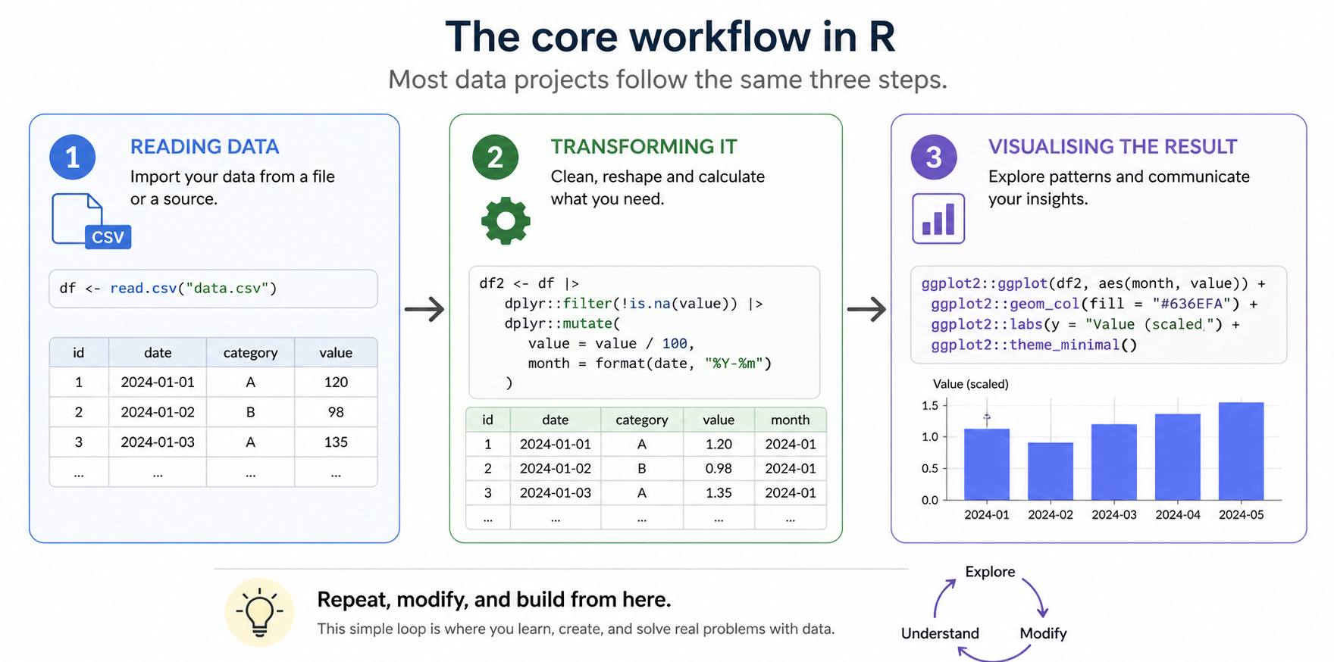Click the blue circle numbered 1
[x=73, y=158]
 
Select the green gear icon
[x=506, y=220]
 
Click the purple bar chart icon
[x=938, y=219]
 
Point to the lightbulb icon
[x=259, y=612]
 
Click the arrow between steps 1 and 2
[x=424, y=309]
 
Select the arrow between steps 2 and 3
[x=866, y=309]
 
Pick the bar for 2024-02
[x=1051, y=471]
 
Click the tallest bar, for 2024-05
[x=1241, y=451]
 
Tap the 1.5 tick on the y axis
[x=930, y=406]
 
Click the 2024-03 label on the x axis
[x=1114, y=515]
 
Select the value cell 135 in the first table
[x=336, y=442]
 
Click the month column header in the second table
[x=790, y=420]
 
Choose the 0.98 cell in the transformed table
[x=719, y=469]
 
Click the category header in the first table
[x=250, y=353]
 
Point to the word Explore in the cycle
[x=990, y=572]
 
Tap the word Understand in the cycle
[x=940, y=633]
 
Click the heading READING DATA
[x=205, y=147]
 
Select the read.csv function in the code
[x=143, y=289]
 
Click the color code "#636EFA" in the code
[x=1192, y=304]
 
